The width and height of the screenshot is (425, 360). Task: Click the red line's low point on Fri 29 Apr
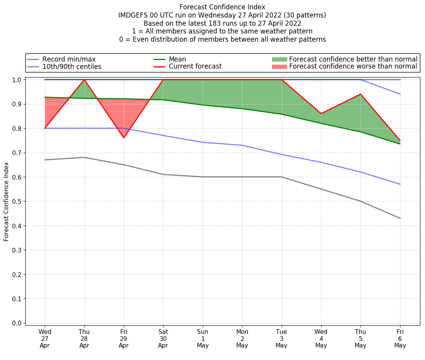(124, 138)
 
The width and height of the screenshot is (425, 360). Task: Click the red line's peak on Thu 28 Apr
(84, 79)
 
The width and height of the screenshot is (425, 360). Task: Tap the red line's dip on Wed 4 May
(321, 113)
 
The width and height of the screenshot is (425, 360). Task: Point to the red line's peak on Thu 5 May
(361, 94)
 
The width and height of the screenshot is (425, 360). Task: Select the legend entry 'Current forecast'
(195, 67)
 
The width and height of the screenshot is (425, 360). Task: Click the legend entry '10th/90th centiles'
(72, 67)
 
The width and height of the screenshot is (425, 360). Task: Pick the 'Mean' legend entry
(177, 59)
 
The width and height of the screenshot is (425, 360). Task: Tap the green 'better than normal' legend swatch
(279, 59)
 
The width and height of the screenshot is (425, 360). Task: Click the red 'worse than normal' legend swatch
(279, 67)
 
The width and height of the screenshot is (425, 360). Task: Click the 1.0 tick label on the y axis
(17, 79)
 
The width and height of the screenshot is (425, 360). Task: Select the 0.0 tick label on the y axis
(17, 323)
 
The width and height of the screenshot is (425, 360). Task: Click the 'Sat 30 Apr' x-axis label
(163, 339)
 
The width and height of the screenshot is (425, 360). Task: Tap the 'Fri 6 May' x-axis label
(400, 339)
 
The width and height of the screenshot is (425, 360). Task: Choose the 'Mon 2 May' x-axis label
(242, 339)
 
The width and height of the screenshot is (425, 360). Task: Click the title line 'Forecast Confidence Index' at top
(222, 7)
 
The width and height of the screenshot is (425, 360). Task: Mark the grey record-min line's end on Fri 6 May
(400, 218)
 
